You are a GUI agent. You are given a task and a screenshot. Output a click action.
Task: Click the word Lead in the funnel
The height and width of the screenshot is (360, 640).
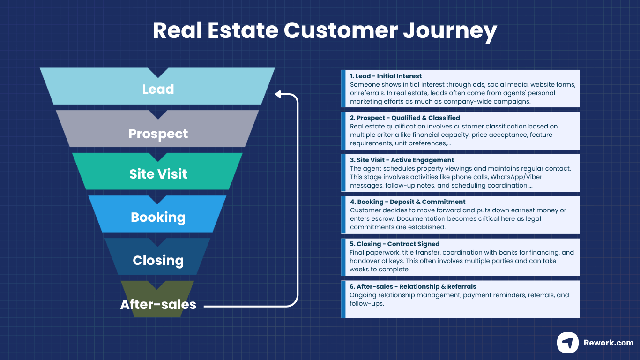coord(158,89)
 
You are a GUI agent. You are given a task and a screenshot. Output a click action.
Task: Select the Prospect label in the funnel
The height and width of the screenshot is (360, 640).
coord(158,134)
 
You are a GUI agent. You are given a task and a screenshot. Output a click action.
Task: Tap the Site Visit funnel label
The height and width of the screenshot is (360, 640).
coord(158,174)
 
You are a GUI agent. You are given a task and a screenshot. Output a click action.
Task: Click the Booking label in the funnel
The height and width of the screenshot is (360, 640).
coord(158,217)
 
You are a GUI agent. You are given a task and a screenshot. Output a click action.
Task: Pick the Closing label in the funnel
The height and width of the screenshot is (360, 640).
coord(158,260)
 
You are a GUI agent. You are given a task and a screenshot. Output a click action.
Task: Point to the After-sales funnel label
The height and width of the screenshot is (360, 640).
coord(158,304)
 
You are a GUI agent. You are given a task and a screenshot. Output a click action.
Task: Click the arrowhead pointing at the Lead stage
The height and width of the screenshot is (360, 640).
coord(278,94)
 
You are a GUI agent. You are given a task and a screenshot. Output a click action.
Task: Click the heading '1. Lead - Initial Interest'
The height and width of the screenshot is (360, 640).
coord(386,76)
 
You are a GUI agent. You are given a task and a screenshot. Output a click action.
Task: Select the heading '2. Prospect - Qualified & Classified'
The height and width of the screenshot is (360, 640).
coord(405,118)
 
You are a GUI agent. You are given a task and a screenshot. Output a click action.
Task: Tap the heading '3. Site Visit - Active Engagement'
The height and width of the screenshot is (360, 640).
coord(402,160)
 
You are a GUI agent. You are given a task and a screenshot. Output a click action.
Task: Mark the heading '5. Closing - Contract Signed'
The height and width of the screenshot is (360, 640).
coord(394,244)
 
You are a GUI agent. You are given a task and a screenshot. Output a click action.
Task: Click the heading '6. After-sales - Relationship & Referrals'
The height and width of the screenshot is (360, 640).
coord(413,286)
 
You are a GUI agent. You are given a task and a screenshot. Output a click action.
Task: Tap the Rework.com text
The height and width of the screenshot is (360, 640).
coord(608,343)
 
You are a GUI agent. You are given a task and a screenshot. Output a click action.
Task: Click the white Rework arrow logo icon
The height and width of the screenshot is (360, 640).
coord(567,343)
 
